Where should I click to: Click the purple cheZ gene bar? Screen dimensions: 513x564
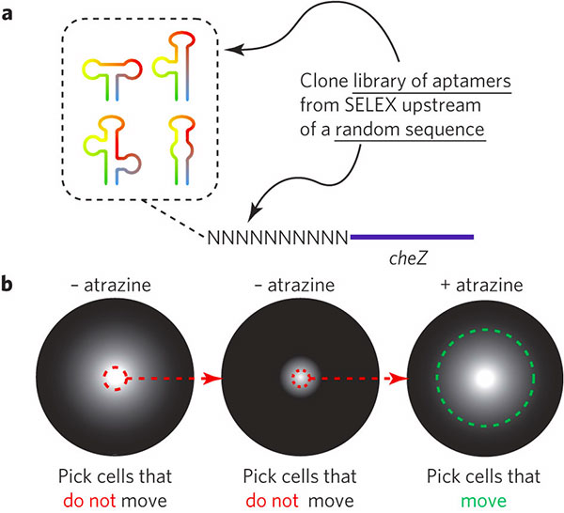click(x=411, y=236)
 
